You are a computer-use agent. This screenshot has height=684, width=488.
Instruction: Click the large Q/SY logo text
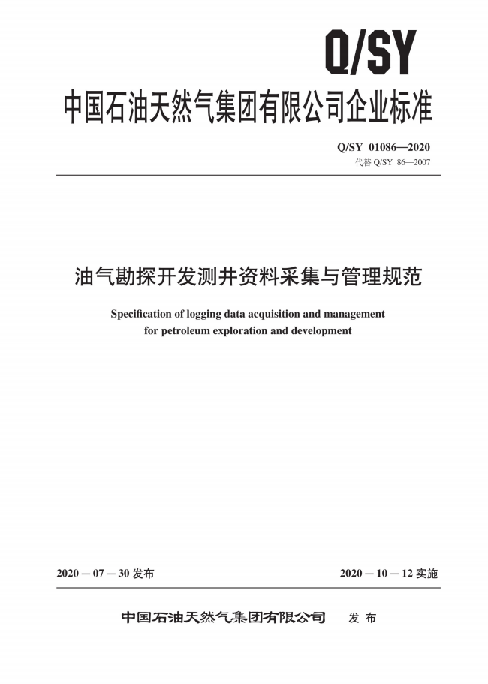(x=369, y=53)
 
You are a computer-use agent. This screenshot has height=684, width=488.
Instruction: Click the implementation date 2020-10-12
(x=376, y=574)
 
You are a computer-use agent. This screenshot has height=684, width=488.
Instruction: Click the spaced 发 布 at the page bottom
(x=363, y=618)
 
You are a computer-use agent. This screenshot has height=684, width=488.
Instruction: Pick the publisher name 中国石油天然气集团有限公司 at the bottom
(x=224, y=618)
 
